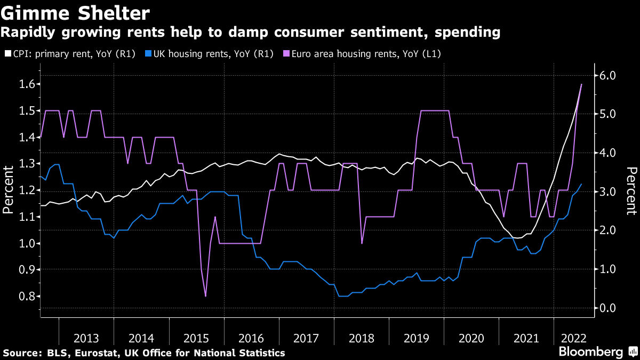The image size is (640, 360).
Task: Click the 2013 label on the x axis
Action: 86,338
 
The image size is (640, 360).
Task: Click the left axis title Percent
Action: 8,190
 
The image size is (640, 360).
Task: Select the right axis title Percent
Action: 631,190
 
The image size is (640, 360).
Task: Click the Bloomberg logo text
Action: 590,352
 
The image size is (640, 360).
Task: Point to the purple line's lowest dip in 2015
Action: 205,296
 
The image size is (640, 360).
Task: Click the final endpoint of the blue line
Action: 581,184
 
